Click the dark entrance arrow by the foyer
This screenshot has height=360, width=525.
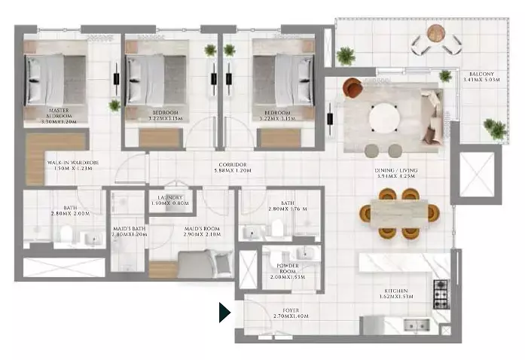coord(224,312)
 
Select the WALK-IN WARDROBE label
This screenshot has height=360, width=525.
coord(73,166)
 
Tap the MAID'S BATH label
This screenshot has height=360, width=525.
coord(129,231)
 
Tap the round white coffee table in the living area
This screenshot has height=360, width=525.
coord(385,117)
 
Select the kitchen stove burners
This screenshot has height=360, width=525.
coord(441,289)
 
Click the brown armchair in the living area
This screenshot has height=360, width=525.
coord(352,87)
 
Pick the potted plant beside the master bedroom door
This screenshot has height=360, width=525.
coord(114,105)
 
